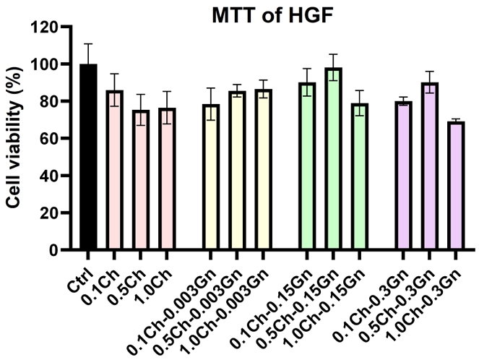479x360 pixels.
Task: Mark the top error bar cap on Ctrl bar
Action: (x=88, y=43)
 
